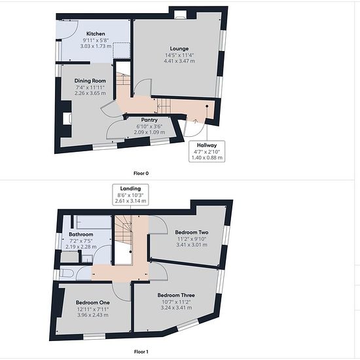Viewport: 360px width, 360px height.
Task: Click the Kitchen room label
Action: [x=96, y=34]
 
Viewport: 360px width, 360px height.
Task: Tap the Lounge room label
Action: [x=179, y=48]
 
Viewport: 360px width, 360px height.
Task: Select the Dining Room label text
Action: [x=90, y=81]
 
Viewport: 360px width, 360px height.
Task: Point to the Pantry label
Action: [x=149, y=120]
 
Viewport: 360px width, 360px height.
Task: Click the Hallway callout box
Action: [x=207, y=151]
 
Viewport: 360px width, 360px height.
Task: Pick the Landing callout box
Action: [x=130, y=194]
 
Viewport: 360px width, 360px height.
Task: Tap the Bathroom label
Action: [x=81, y=234]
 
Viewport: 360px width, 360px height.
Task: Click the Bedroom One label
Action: [x=93, y=302]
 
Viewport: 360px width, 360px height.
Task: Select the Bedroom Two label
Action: [x=192, y=232]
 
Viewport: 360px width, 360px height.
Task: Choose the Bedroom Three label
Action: [x=176, y=295]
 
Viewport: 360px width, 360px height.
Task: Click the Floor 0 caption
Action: [x=141, y=173]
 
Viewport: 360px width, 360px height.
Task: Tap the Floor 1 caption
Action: [x=141, y=351]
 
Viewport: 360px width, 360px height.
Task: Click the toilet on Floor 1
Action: [x=66, y=273]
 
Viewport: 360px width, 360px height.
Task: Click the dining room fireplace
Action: [x=67, y=118]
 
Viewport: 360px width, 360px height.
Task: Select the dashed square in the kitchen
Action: [x=122, y=51]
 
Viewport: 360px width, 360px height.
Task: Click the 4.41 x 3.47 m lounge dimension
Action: [x=179, y=61]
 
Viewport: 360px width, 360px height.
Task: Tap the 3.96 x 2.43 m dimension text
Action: [x=93, y=315]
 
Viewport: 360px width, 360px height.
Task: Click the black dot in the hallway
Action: [x=207, y=106]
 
